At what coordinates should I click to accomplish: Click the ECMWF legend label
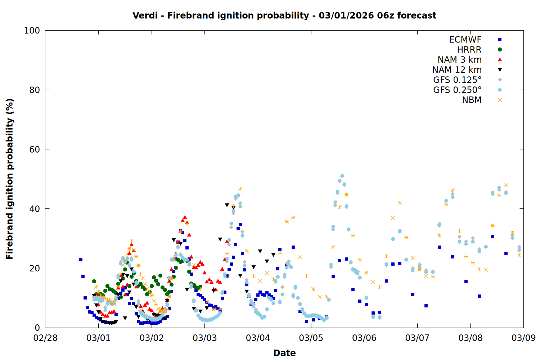pos(465,40)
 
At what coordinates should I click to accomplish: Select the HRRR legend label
pos(469,50)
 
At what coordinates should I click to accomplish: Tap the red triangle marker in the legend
pos(500,60)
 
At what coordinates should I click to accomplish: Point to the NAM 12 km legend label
pos(457,70)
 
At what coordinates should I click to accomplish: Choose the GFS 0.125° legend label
pos(457,80)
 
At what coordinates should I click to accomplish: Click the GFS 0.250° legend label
pos(457,90)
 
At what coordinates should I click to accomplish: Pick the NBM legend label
pos(472,100)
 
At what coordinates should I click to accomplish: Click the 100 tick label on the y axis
pos(32,31)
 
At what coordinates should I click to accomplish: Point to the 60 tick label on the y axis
pos(35,149)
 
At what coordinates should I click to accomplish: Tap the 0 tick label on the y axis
pos(37,328)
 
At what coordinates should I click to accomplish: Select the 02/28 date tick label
pos(45,338)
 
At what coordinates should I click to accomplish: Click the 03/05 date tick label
pos(311,338)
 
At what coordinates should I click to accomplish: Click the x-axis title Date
pos(284,353)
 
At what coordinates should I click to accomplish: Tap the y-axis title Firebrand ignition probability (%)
pos(10,179)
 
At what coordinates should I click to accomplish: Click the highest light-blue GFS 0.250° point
pos(342,176)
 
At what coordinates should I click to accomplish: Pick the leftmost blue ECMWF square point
pos(81,260)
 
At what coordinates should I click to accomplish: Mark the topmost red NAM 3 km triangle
pos(185,217)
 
